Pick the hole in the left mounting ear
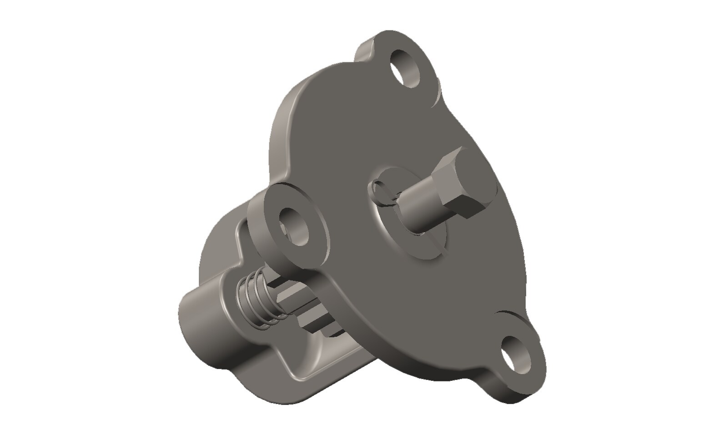[295, 226]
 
